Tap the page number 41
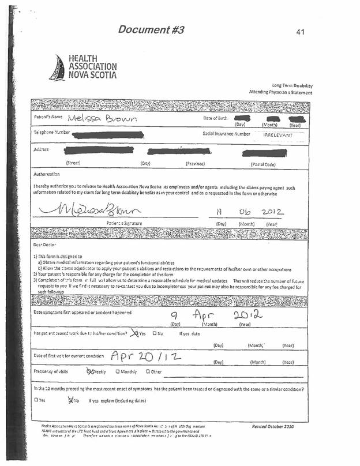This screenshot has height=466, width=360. [x=300, y=32]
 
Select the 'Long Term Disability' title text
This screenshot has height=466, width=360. [x=292, y=85]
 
